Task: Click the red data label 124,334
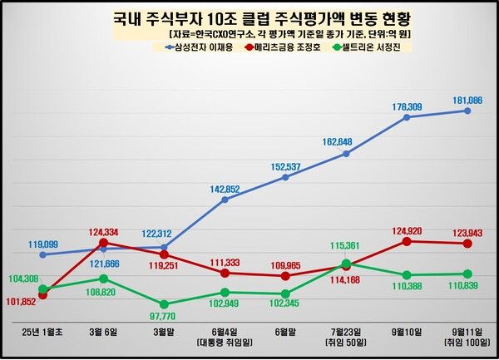[x=103, y=230]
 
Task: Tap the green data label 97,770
[x=164, y=317]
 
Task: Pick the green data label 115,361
[x=346, y=246]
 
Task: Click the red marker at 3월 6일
[x=103, y=244]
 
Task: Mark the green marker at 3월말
[x=164, y=304]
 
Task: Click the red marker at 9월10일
[x=407, y=241]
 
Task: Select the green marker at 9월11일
[x=467, y=274]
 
